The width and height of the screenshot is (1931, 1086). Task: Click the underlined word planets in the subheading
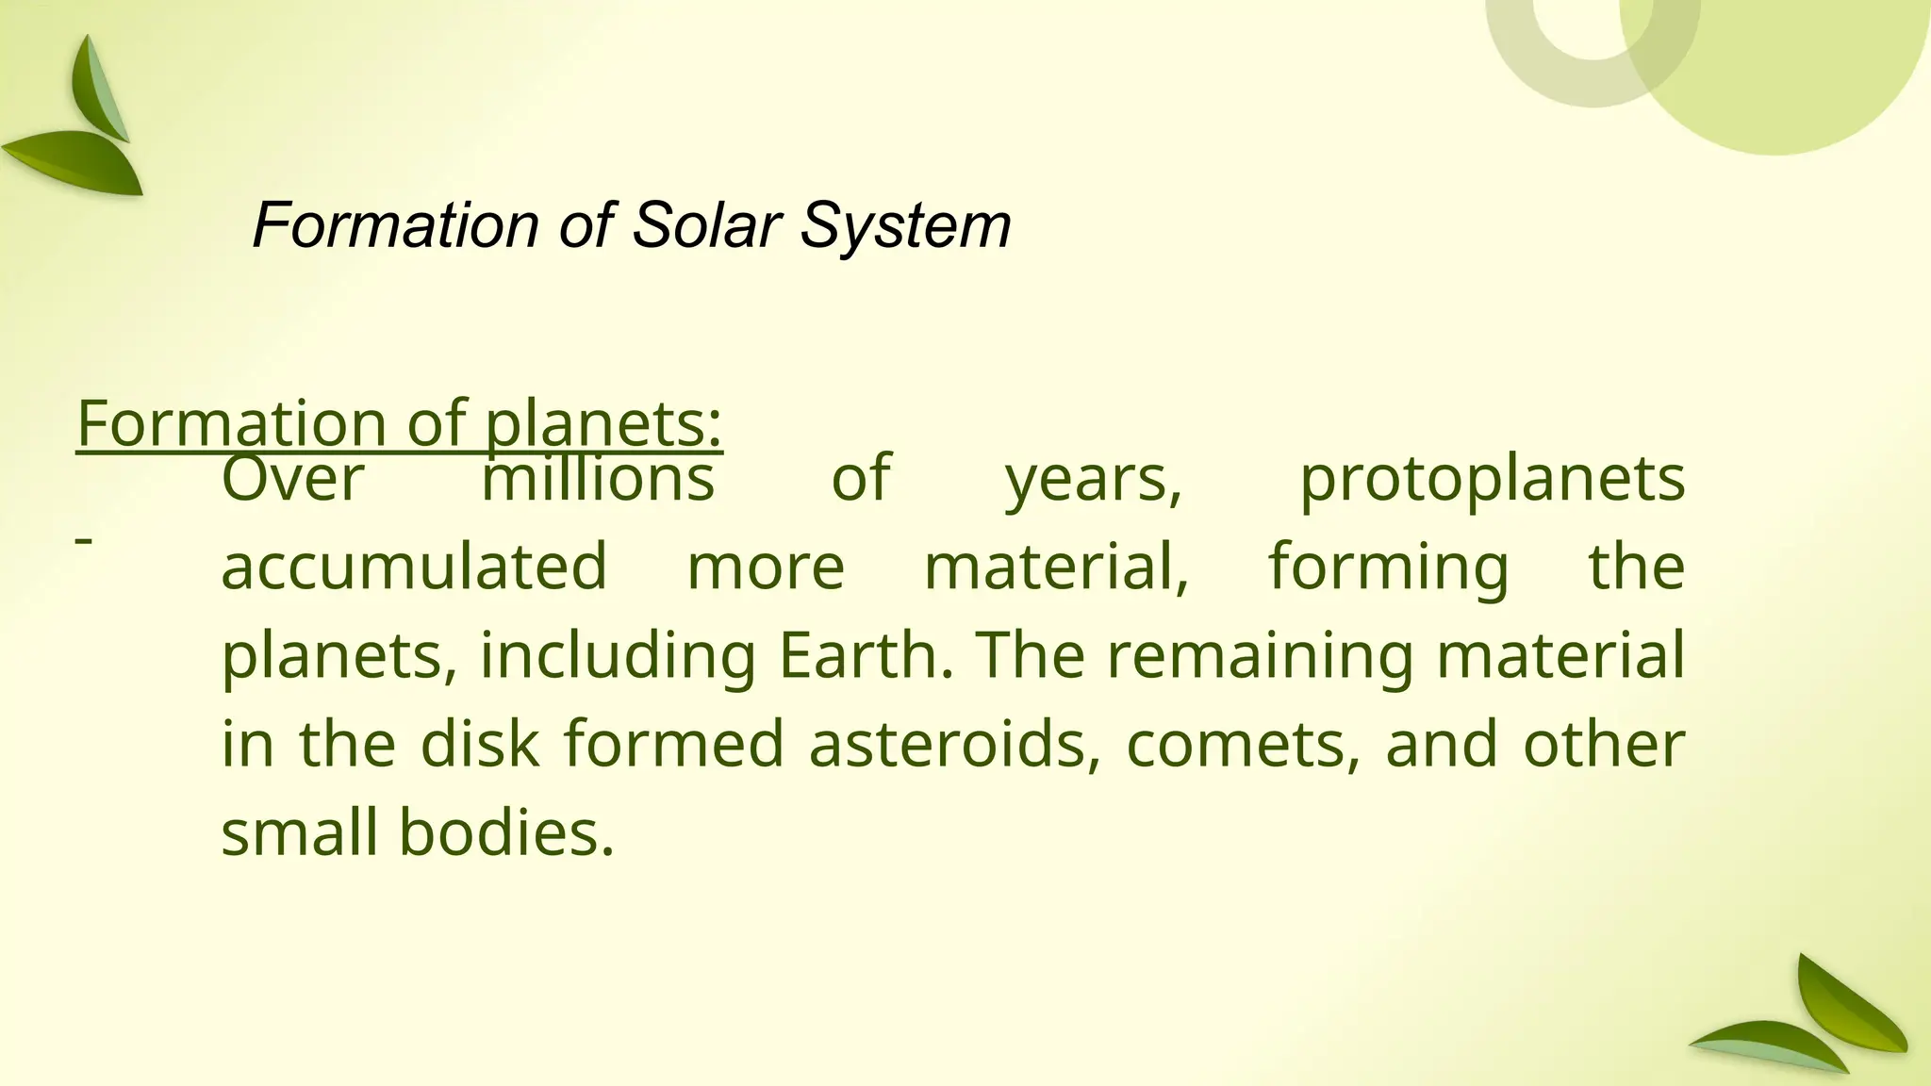tap(603, 423)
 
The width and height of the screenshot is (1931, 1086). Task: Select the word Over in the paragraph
tap(292, 479)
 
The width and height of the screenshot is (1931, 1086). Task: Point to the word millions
tap(598, 479)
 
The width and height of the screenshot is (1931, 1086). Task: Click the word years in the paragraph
tap(1092, 479)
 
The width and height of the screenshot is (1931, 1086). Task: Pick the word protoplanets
tap(1492, 479)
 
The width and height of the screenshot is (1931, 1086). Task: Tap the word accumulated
tap(414, 567)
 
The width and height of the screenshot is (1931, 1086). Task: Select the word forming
tap(1388, 567)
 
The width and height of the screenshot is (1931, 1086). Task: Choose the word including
tap(618, 655)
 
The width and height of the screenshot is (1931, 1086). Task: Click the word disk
tap(480, 744)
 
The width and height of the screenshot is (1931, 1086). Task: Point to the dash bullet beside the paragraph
tap(84, 540)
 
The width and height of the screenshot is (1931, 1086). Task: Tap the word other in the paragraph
tap(1604, 744)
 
